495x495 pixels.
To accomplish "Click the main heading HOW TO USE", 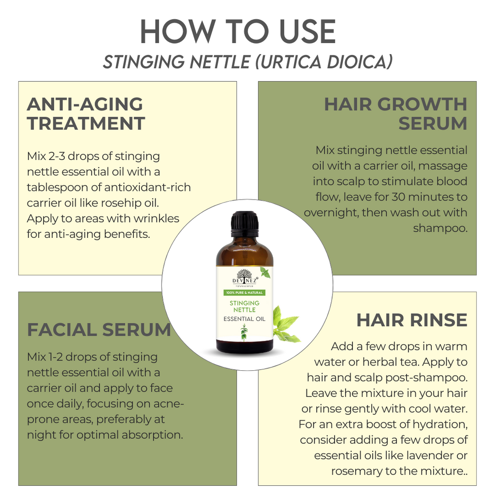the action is (x=238, y=31).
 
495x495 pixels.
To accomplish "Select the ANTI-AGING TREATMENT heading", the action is (x=86, y=114).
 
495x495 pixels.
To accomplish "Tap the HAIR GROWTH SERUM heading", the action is (x=396, y=114).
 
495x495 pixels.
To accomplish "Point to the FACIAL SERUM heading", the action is (x=99, y=330).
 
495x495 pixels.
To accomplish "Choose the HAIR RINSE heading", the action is (x=412, y=320).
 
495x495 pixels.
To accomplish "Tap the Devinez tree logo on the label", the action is (x=244, y=275).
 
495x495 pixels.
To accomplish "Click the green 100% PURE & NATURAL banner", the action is (x=244, y=292).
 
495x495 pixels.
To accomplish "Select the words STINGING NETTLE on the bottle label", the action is (x=244, y=306).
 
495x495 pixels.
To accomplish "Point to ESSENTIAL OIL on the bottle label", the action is (x=244, y=319).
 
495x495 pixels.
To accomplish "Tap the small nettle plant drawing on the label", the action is (x=244, y=333).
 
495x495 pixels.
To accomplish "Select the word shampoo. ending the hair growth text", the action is (x=440, y=228).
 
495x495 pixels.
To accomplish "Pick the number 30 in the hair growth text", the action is (x=399, y=197).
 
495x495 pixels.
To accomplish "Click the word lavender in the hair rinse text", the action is (x=429, y=455).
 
